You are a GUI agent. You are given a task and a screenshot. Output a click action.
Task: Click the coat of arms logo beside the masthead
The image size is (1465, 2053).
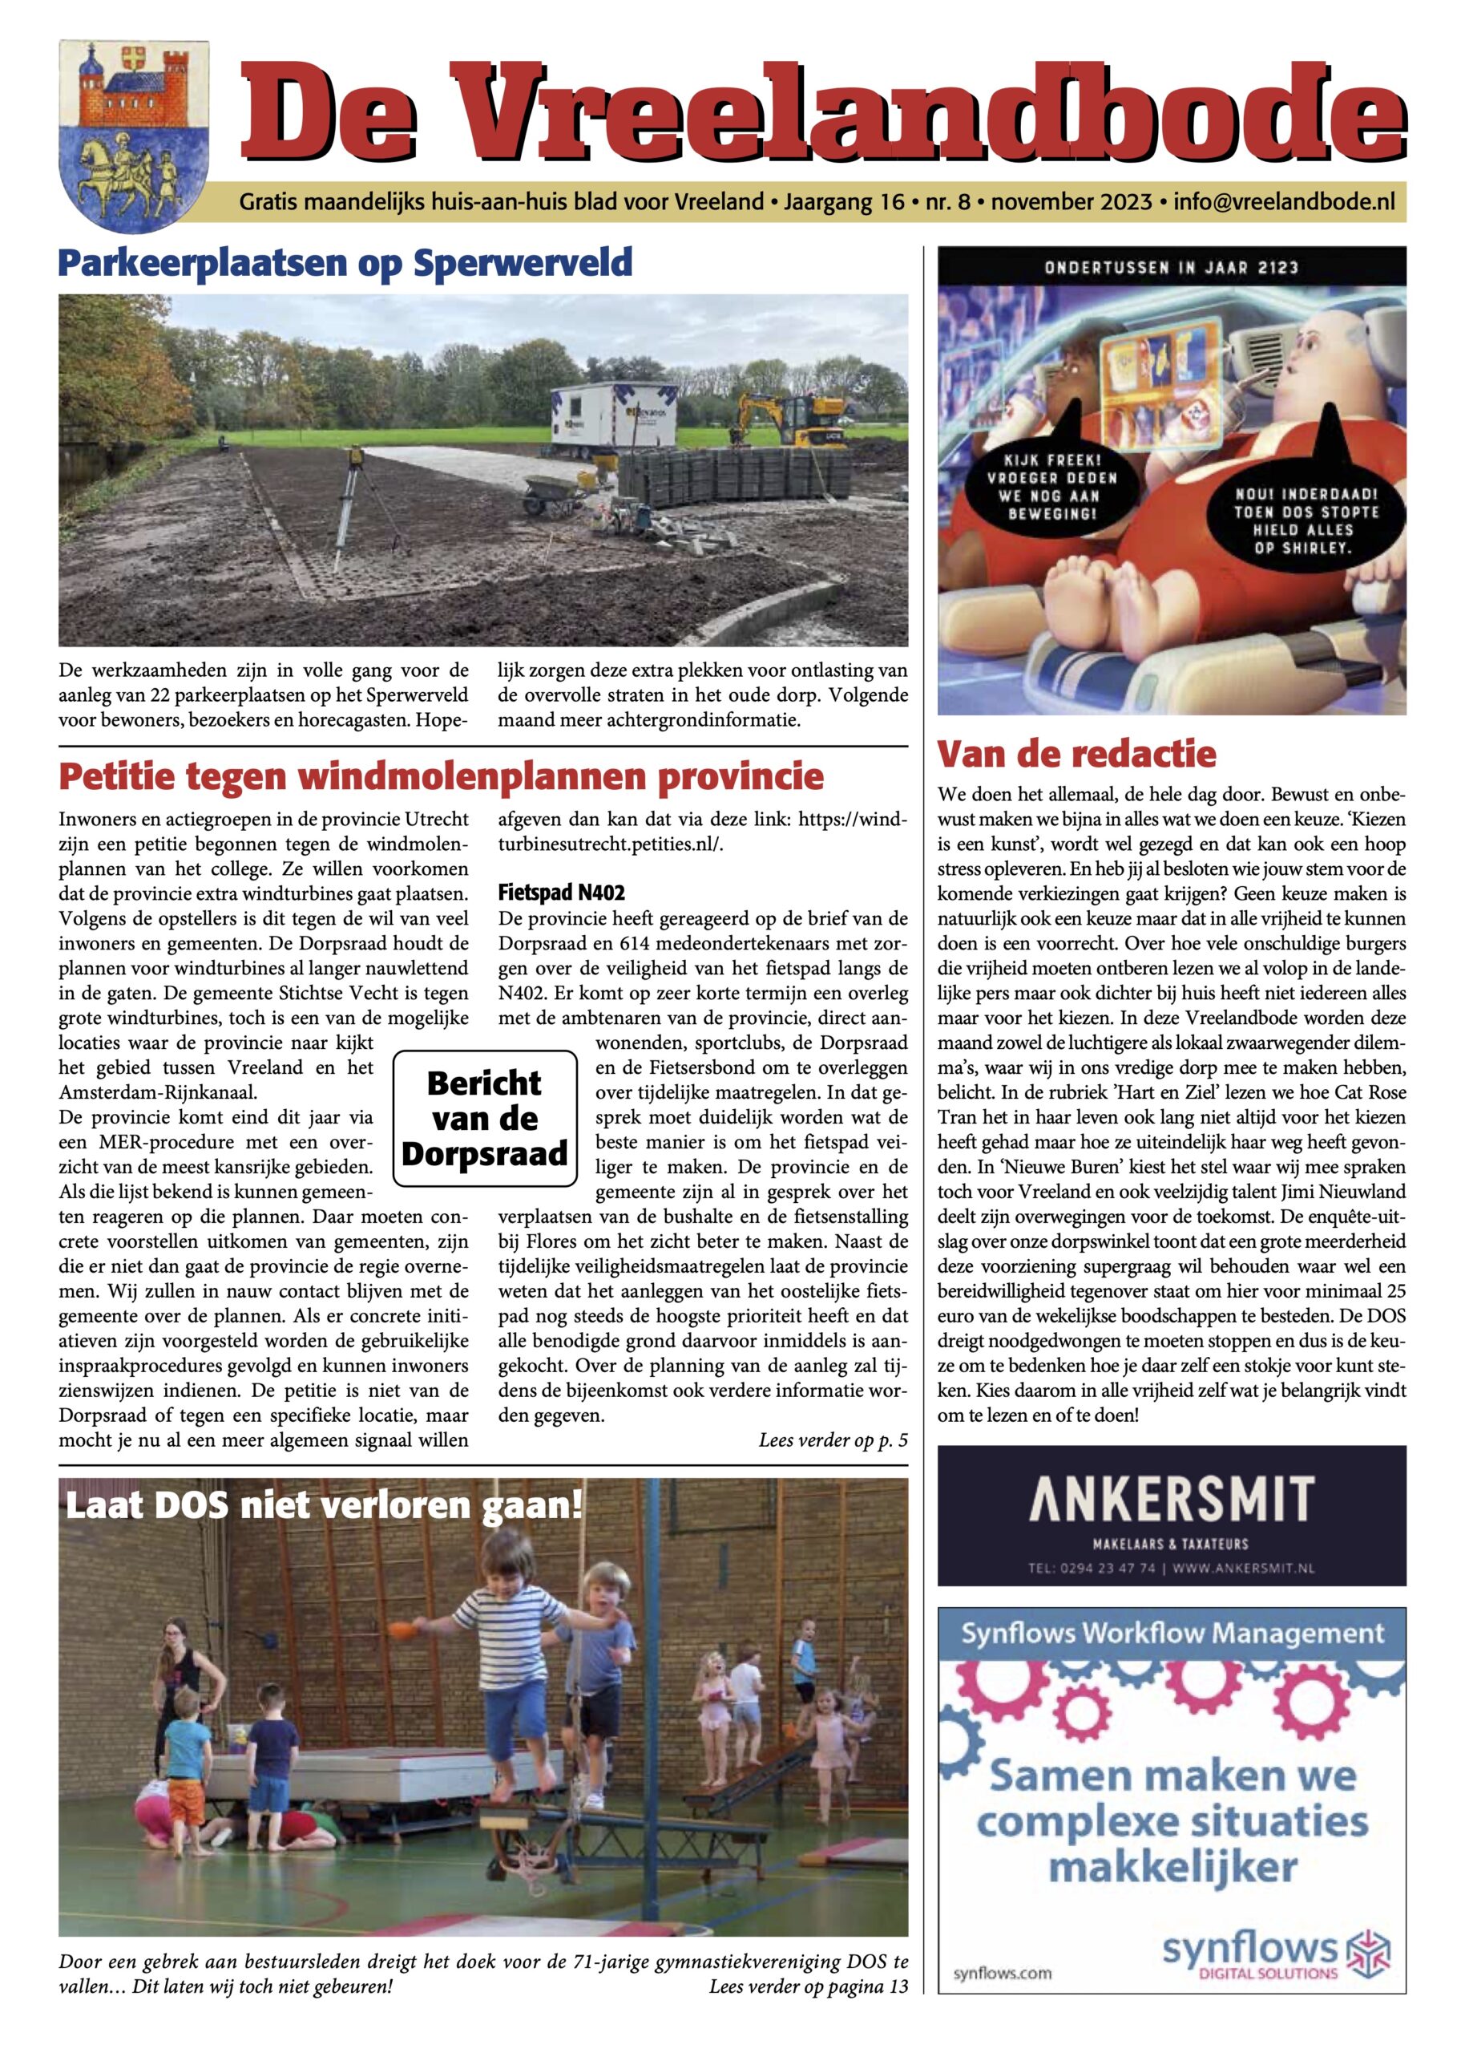coord(134,124)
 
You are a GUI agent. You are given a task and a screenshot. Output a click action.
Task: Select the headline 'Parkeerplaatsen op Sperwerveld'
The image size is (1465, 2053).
coord(345,262)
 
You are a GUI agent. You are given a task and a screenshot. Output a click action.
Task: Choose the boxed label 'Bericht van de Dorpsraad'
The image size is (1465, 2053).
coord(486,1118)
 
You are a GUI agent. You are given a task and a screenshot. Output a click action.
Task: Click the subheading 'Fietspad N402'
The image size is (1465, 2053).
coord(561,893)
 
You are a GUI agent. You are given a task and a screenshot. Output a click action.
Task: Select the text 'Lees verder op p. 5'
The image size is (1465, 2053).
coord(833,1440)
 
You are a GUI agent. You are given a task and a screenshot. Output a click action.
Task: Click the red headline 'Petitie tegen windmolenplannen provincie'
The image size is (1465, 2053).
coord(441,776)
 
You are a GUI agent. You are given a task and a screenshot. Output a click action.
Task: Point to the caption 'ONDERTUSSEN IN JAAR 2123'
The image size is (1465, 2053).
coord(1171,267)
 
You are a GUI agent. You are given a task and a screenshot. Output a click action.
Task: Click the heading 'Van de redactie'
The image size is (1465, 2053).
coord(1076,754)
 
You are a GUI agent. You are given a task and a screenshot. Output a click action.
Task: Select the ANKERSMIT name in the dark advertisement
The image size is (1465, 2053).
coord(1171,1499)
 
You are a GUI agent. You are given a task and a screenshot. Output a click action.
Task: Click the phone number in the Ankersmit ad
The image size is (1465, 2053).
coord(1092,1569)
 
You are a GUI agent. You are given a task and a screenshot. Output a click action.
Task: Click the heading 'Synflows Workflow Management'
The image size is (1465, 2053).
coord(1172,1634)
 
